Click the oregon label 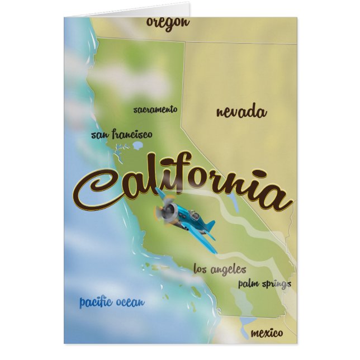point(168,22)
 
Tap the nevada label point(241,112)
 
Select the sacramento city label point(155,110)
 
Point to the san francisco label point(121,135)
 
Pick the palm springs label point(264,284)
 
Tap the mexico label point(267,333)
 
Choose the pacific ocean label point(112,302)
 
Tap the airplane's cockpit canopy point(191,214)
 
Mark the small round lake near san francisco point(138,146)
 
